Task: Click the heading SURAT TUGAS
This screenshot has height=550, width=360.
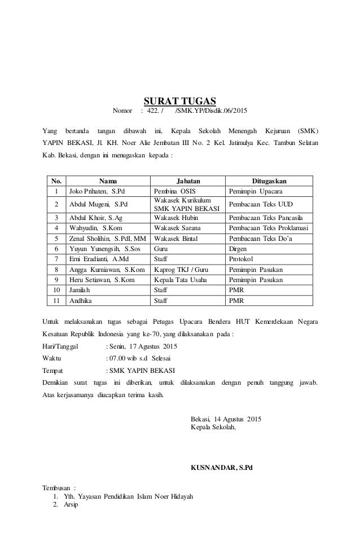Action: pyautogui.click(x=179, y=101)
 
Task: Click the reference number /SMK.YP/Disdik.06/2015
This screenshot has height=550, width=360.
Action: pyautogui.click(x=215, y=111)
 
